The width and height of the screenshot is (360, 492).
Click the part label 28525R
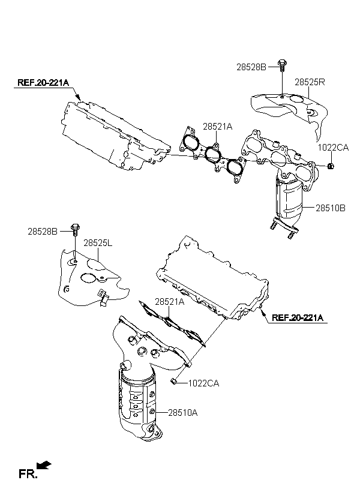pyautogui.click(x=310, y=82)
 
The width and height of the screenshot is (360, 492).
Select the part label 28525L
pyautogui.click(x=98, y=243)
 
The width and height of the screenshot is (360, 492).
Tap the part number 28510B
pyautogui.click(x=331, y=208)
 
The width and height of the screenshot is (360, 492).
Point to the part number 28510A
pyautogui.click(x=183, y=413)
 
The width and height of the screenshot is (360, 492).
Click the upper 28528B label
pyautogui.click(x=251, y=67)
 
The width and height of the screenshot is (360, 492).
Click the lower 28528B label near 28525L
pyautogui.click(x=43, y=232)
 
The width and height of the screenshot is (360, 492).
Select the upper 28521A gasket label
pyautogui.click(x=218, y=127)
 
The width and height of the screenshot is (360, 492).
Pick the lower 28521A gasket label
pyautogui.click(x=169, y=302)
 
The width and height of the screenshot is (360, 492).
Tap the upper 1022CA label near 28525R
pyautogui.click(x=334, y=148)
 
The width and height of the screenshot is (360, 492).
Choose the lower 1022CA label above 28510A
pyautogui.click(x=203, y=383)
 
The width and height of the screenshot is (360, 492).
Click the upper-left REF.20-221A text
pyautogui.click(x=43, y=83)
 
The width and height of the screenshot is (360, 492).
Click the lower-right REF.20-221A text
pyautogui.click(x=298, y=317)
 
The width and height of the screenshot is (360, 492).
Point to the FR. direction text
pyautogui.click(x=28, y=473)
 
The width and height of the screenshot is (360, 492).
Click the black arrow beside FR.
pyautogui.click(x=44, y=465)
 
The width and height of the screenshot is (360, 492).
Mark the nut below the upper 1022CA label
pyautogui.click(x=330, y=166)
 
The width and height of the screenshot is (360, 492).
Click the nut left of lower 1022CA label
pyautogui.click(x=173, y=381)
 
